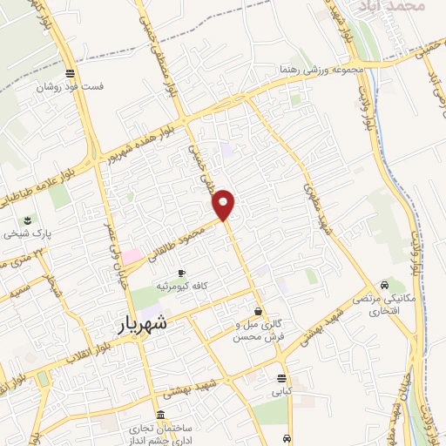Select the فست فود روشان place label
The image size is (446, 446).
tap(69, 87)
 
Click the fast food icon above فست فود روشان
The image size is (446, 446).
tap(69, 72)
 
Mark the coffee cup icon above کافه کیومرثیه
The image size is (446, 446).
tap(181, 272)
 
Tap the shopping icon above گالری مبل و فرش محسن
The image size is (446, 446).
tap(259, 311)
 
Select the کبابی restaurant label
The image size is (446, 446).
tap(281, 393)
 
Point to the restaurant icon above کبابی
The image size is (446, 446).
tap(281, 379)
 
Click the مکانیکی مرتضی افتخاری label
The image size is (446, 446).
tap(384, 305)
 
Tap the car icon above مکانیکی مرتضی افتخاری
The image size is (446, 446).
tap(384, 286)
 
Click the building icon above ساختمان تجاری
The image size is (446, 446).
tap(159, 415)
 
